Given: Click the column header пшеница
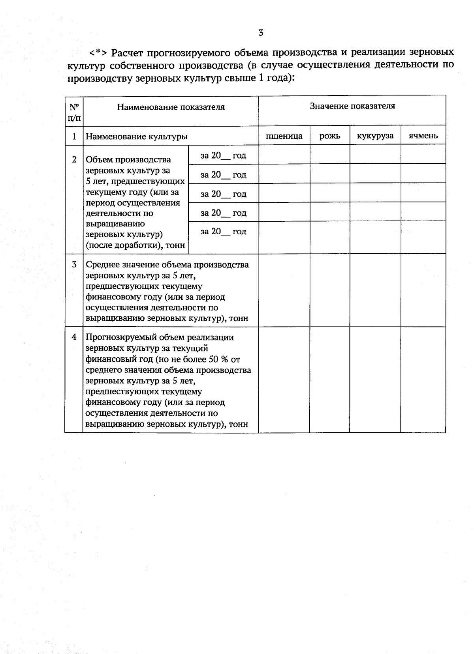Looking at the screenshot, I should coord(284,136).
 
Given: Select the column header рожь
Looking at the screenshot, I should coord(330,136).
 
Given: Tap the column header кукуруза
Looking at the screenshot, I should coord(375,136).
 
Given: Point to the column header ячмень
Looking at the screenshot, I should coord(423,136).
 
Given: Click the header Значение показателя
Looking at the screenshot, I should coord(352,106).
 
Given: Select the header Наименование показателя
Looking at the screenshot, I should coord(171,107).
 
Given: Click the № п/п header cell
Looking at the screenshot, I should coord(74,112).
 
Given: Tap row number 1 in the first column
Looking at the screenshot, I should coord(74,136).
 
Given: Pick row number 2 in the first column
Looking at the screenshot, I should coord(74,159).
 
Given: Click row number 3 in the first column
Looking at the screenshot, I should coord(74,264).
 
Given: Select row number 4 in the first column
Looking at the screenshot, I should coord(74,337).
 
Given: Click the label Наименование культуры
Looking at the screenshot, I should coord(137,137).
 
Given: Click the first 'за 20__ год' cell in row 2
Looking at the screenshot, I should coord(223,156).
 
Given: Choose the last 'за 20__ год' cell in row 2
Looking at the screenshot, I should coord(223,232).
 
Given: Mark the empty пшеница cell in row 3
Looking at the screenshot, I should coord(284,290).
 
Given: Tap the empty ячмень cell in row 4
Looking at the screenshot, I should coord(423,379).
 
